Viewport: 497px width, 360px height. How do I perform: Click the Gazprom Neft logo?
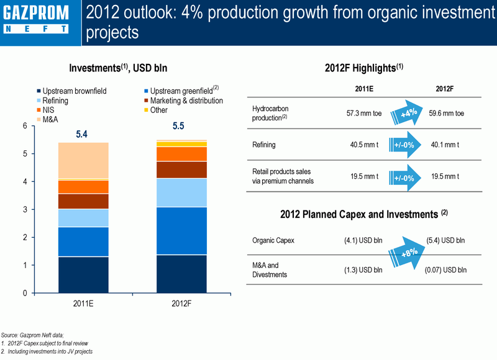point(36,19)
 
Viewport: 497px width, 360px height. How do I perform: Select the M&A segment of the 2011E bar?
point(83,161)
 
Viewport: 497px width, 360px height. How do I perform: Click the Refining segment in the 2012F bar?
point(181,193)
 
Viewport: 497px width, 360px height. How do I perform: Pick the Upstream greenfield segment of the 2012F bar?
point(181,231)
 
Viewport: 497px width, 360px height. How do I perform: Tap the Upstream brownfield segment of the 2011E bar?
point(83,275)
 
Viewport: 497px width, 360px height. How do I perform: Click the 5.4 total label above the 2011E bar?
point(81,134)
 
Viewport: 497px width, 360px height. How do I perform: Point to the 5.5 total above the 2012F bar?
point(178,126)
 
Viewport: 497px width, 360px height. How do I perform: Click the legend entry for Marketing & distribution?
point(183,101)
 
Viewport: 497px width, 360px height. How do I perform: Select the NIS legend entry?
point(45,110)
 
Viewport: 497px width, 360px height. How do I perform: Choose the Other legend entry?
point(156,110)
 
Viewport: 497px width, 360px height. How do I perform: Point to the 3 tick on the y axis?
point(25,210)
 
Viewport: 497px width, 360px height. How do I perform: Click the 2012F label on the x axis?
point(181,304)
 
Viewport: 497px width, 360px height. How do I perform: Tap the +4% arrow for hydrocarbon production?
point(407,113)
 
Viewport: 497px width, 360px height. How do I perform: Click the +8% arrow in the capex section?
point(407,253)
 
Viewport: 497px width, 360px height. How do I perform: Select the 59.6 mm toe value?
point(446,114)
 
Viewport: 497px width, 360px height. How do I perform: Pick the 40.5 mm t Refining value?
point(364,145)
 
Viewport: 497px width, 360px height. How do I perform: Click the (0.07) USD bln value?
point(445,270)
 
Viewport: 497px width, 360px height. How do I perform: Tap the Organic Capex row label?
point(273,240)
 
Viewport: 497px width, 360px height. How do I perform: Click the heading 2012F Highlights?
point(364,68)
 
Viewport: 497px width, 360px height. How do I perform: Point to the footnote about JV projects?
point(47,351)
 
